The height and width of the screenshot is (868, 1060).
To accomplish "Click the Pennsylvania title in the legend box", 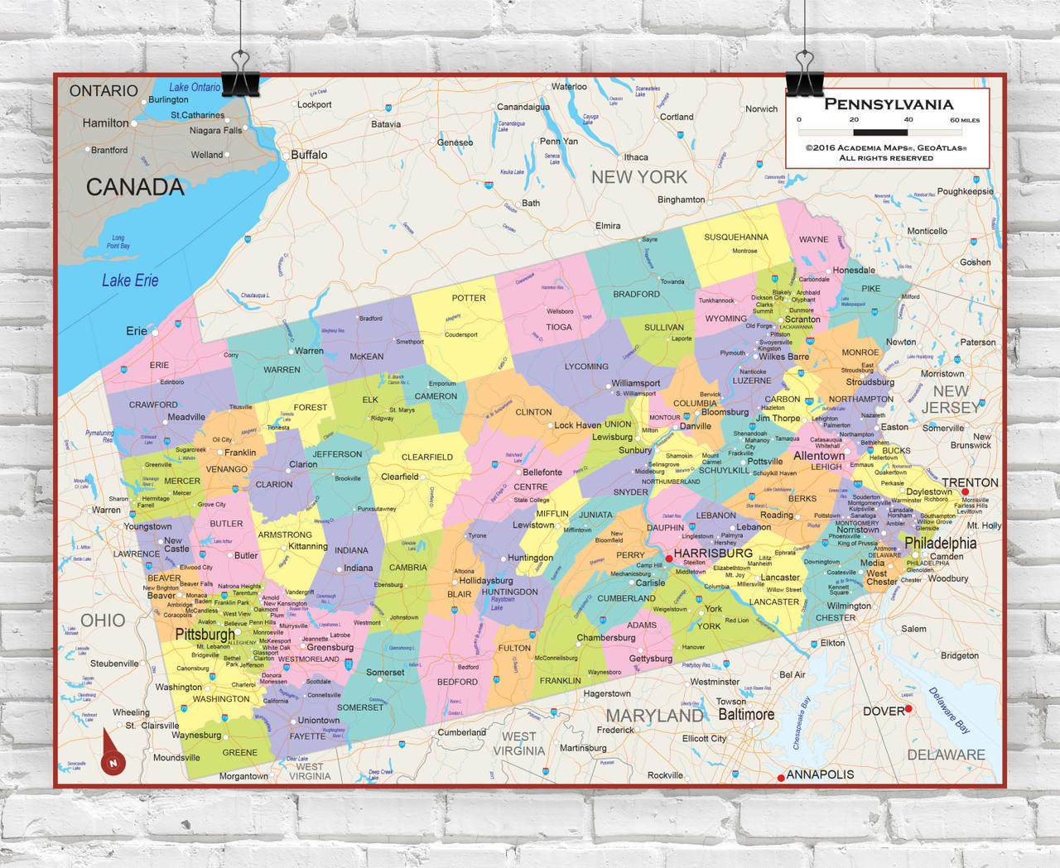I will [889, 104].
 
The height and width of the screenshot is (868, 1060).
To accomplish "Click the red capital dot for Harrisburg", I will [669, 559].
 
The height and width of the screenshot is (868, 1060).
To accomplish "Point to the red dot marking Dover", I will [908, 709].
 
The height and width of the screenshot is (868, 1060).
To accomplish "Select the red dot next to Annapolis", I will [781, 778].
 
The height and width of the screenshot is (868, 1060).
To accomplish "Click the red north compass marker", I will [113, 762].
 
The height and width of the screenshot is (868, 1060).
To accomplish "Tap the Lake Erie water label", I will [130, 281].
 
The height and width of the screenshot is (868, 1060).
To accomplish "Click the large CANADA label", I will [135, 187].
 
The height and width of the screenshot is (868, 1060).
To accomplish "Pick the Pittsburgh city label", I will [205, 635].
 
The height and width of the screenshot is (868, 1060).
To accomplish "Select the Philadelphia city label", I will [940, 543].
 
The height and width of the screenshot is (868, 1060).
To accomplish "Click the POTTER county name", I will [469, 298].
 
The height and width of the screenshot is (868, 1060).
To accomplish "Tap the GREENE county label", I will [239, 752].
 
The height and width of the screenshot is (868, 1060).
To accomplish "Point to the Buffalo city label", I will [309, 155].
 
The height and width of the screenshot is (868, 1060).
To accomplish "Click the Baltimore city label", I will [745, 714].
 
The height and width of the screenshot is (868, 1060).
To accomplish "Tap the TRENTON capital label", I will [970, 482].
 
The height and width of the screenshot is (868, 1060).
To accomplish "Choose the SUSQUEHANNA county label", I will [735, 237].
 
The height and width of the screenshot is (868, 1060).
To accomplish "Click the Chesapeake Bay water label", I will [802, 723].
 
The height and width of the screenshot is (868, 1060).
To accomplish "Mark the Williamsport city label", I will [635, 383].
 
